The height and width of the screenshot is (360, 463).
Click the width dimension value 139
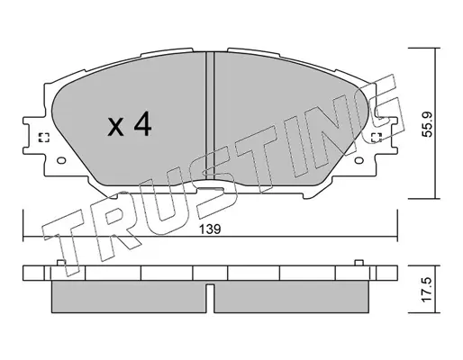click(x=211, y=229)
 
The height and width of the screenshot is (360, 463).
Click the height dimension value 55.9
click(x=427, y=124)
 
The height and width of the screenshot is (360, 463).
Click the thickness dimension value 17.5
click(x=427, y=290)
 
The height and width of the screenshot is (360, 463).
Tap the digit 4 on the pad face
click(x=142, y=123)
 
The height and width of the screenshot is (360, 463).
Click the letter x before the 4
click(x=115, y=127)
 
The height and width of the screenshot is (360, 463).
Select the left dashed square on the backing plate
click(x=44, y=138)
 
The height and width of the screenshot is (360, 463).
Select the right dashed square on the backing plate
click(x=377, y=138)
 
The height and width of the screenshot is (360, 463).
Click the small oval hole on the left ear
click(x=61, y=160)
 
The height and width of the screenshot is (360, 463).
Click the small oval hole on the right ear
click(x=359, y=160)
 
